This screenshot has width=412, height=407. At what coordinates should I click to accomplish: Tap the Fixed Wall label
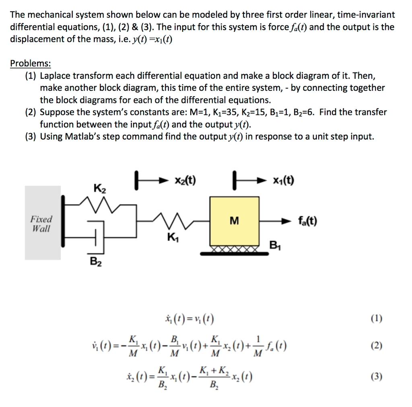pyautogui.click(x=41, y=224)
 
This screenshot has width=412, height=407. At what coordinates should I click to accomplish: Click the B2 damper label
pyautogui.click(x=95, y=262)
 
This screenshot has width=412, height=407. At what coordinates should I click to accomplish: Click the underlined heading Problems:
pyautogui.click(x=31, y=64)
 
